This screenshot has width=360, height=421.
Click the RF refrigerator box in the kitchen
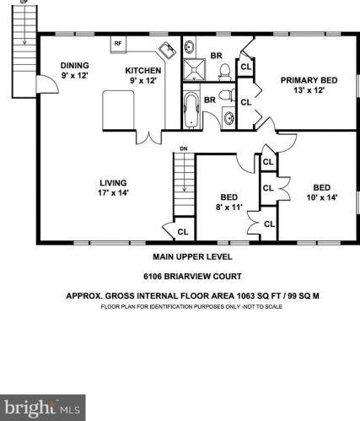[x=118, y=44]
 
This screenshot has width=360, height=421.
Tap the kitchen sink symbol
[x=168, y=51]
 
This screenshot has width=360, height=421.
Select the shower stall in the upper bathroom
[x=194, y=69]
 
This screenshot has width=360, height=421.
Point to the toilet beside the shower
[x=224, y=72]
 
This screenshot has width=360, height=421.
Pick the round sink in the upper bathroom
[x=189, y=46]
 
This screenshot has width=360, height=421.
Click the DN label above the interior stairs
[x=184, y=148]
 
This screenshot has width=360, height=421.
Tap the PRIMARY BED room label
[x=309, y=80]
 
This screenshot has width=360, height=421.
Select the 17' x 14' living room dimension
[x=113, y=193]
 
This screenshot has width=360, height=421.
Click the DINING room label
[x=75, y=66]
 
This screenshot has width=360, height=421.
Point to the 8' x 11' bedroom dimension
[x=229, y=208]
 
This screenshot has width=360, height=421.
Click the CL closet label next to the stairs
[x=183, y=232]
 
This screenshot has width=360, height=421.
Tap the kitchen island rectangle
[x=118, y=110]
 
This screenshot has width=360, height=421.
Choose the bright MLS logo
[x=43, y=408]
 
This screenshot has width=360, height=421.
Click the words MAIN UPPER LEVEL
[x=192, y=256]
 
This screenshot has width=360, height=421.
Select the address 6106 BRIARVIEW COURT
[x=192, y=277]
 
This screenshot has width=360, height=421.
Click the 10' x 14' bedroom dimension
[x=322, y=197]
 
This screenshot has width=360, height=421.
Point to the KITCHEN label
[x=143, y=70]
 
